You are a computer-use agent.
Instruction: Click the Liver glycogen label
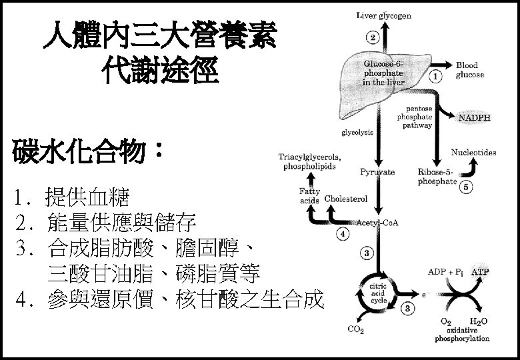384,15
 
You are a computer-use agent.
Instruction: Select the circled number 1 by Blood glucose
436,76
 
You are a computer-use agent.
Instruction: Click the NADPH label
474,117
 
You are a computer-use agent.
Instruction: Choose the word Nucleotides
473,153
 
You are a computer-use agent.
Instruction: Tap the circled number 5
466,187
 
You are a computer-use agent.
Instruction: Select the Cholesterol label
346,199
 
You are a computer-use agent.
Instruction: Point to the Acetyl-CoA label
378,222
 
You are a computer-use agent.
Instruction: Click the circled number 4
342,234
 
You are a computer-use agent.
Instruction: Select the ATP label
479,272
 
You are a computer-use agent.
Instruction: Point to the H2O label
479,321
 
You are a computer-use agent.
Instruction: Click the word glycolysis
357,133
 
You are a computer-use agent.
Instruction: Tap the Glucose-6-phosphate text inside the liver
383,73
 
